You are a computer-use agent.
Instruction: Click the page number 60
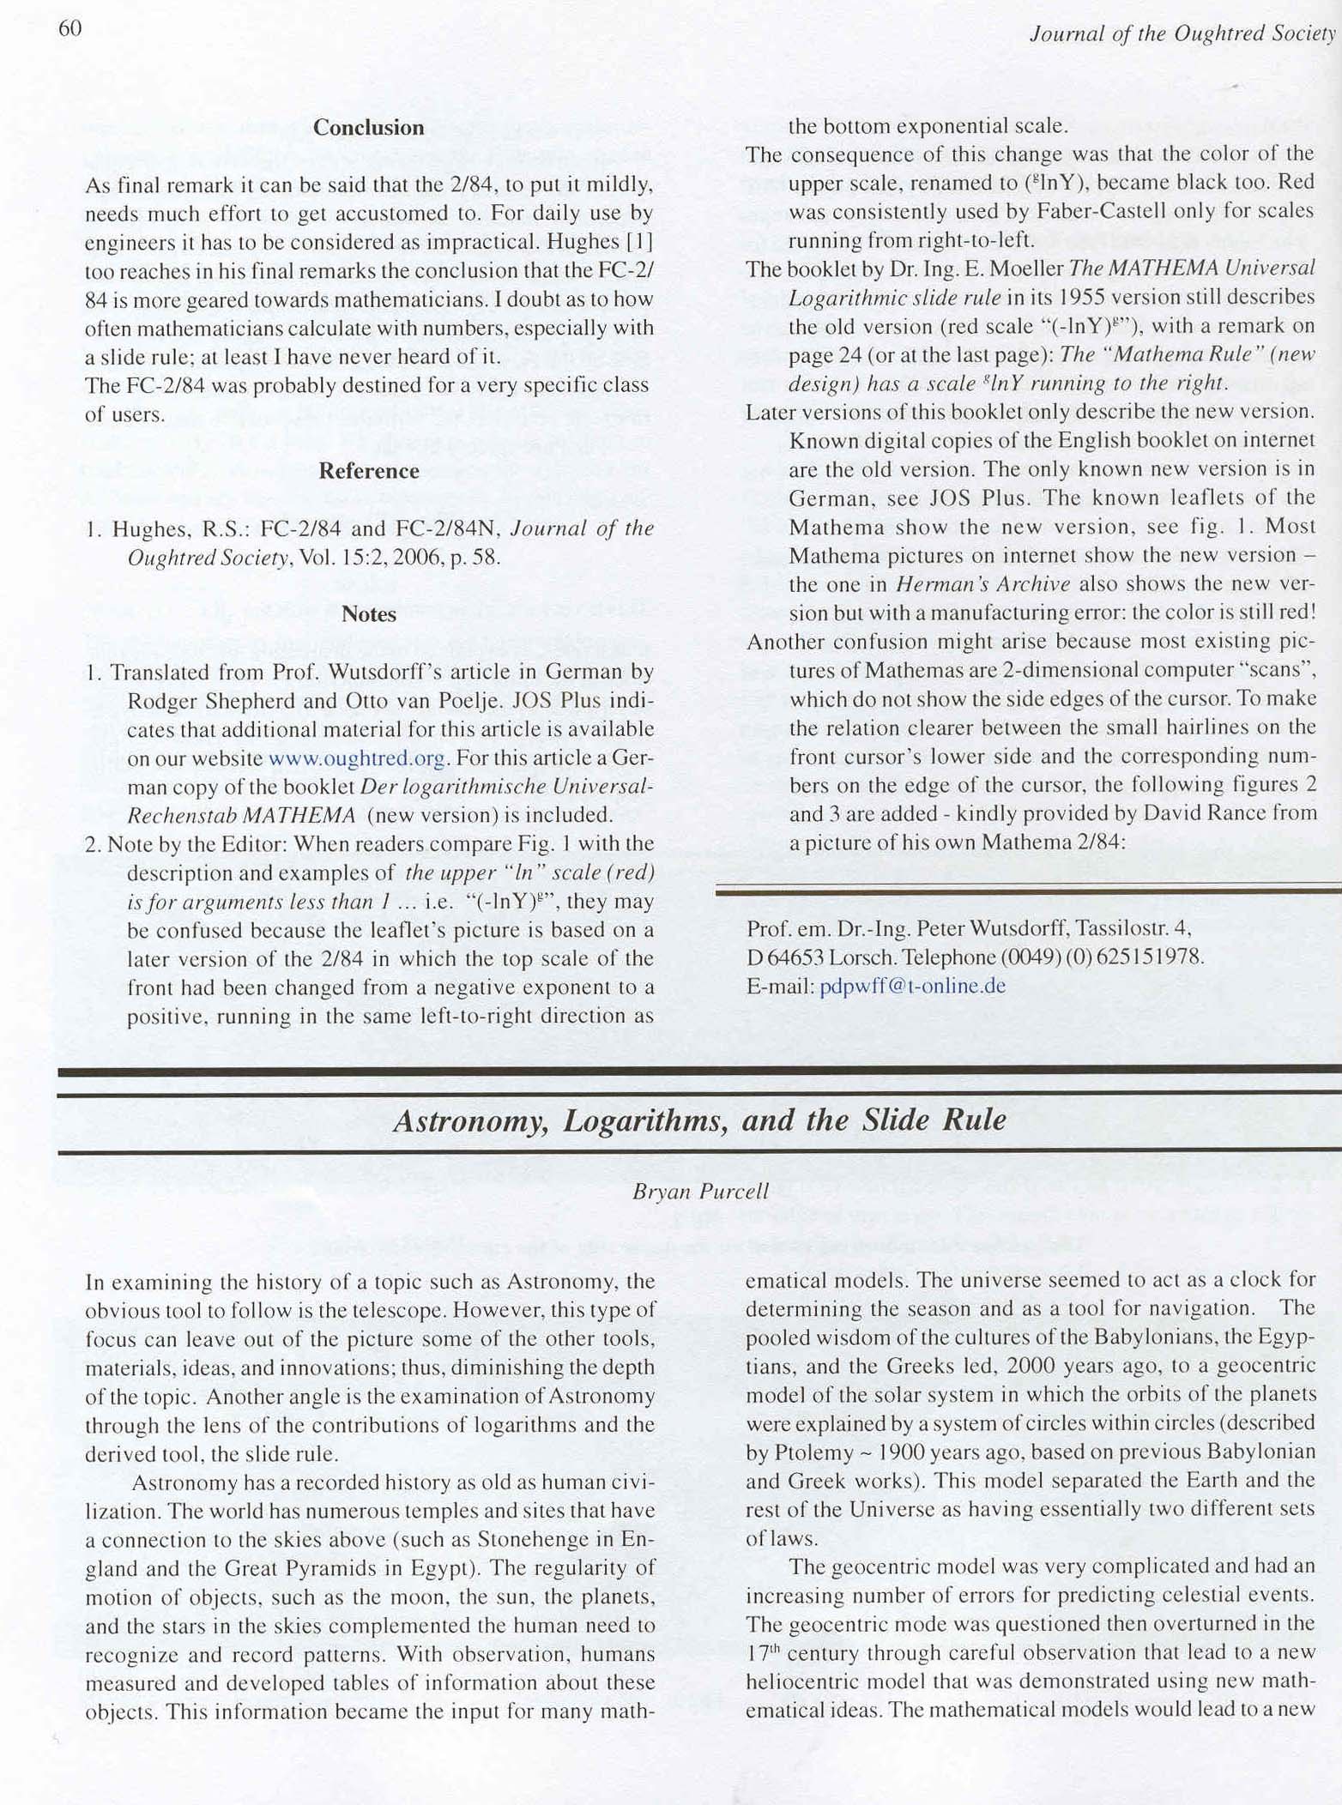pyautogui.click(x=70, y=28)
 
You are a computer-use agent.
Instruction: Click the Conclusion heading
pyautogui.click(x=368, y=128)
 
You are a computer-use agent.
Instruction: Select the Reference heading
pyautogui.click(x=368, y=471)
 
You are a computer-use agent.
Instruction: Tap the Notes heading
pyautogui.click(x=368, y=614)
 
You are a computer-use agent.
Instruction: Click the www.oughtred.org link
pyautogui.click(x=357, y=758)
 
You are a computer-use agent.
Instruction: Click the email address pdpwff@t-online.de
pyautogui.click(x=912, y=986)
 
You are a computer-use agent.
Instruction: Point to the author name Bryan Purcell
pyautogui.click(x=700, y=1192)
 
